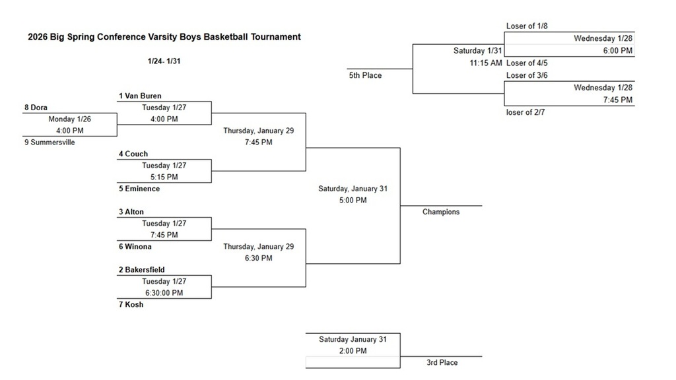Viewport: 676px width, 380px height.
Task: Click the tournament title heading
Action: pyautogui.click(x=164, y=37)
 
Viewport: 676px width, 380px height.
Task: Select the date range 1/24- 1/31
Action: pyautogui.click(x=164, y=61)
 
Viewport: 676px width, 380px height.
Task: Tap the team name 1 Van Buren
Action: pyautogui.click(x=140, y=96)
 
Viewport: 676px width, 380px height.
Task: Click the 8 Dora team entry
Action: pyautogui.click(x=36, y=108)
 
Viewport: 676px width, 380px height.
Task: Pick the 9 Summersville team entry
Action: pyautogui.click(x=50, y=142)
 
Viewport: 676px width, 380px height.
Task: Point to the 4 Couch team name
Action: pyautogui.click(x=133, y=154)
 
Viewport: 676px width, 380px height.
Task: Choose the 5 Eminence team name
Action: pyautogui.click(x=139, y=189)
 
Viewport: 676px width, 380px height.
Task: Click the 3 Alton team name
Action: pyautogui.click(x=131, y=212)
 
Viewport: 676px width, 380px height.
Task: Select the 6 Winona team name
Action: pyautogui.click(x=135, y=247)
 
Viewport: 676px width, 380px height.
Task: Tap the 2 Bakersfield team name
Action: pyautogui.click(x=142, y=270)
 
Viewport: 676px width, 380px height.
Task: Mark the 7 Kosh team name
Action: pyautogui.click(x=131, y=305)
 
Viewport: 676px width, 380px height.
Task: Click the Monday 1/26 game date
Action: pyautogui.click(x=69, y=119)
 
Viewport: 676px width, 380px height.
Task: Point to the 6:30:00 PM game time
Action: pyautogui.click(x=164, y=293)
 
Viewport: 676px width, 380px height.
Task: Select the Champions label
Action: pyautogui.click(x=441, y=212)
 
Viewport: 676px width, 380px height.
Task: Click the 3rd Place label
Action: pyautogui.click(x=442, y=362)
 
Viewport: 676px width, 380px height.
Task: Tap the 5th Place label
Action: pyautogui.click(x=365, y=75)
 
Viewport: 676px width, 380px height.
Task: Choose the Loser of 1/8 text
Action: pyautogui.click(x=527, y=26)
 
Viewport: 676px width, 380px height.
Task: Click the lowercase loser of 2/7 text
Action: pyautogui.click(x=526, y=112)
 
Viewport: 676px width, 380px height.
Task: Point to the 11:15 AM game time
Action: pyautogui.click(x=486, y=63)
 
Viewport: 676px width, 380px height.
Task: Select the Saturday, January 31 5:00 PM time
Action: pyautogui.click(x=352, y=200)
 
